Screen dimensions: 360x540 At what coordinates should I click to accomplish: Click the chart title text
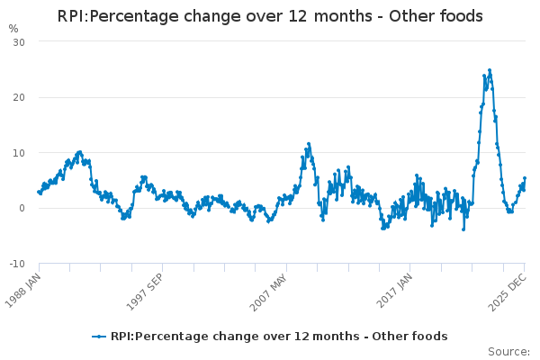[270, 16]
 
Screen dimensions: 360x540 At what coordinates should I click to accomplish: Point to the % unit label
[13, 28]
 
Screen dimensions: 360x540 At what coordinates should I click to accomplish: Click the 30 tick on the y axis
[18, 42]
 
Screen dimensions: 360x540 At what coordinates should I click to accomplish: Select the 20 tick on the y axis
[18, 97]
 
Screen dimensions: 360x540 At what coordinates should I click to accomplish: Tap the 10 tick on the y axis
[18, 153]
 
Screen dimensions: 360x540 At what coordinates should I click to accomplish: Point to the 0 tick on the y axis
[22, 208]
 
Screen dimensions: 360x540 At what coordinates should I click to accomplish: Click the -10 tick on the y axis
[16, 264]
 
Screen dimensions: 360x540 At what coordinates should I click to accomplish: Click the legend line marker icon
[100, 337]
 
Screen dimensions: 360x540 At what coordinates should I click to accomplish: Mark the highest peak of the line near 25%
[490, 69]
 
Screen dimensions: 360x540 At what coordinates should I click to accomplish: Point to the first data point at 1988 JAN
[39, 191]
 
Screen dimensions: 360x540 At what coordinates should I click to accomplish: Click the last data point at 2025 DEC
[525, 178]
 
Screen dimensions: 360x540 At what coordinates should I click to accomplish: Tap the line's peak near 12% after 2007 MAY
[308, 143]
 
